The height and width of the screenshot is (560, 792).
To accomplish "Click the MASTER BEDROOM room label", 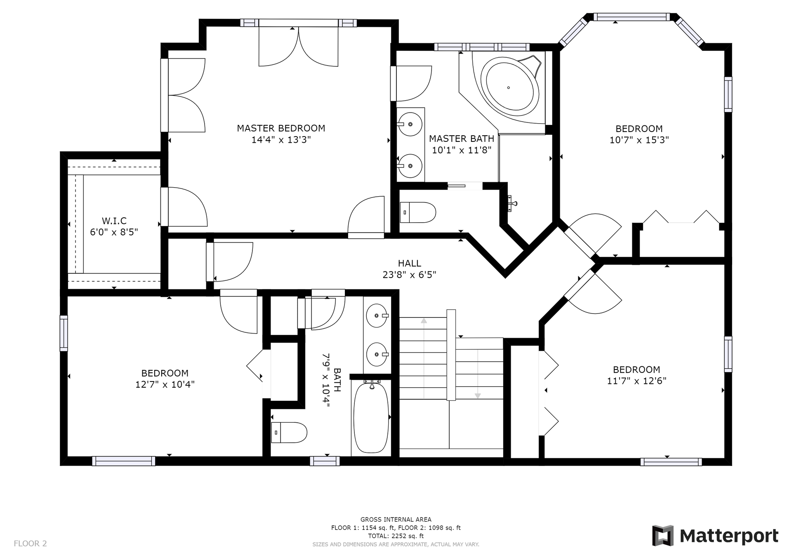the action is coord(281,128).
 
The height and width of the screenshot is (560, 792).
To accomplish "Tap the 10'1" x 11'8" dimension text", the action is coord(462,150).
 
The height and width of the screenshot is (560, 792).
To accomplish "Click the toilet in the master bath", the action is coord(418,212).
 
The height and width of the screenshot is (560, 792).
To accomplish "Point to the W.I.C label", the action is coord(114,221).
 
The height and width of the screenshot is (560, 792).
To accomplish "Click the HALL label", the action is coord(410,264).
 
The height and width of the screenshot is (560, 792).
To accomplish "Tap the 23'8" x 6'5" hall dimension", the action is coord(410,275).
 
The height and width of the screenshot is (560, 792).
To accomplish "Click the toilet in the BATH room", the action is coord(289,433).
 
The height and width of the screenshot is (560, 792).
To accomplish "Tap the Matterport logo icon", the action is coord(662,536).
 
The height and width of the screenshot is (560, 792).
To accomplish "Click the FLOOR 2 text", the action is coord(31,544).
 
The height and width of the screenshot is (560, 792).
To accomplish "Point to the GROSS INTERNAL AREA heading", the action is coord(396,520).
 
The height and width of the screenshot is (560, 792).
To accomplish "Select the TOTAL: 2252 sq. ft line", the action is coord(396,536).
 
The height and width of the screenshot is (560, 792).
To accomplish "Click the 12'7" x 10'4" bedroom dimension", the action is coord(165,384).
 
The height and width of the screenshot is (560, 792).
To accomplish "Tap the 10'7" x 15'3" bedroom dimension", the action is coord(639,140).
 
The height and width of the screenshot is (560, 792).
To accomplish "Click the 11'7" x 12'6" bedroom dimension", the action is coord(636,381).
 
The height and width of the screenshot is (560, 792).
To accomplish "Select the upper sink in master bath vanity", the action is coord(410,124).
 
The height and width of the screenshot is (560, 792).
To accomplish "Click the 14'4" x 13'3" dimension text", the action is coord(281,139).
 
